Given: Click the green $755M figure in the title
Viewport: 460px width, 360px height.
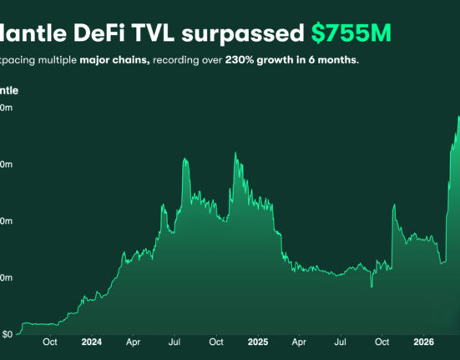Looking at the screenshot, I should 351,33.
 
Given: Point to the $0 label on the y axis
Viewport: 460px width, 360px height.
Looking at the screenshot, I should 7,334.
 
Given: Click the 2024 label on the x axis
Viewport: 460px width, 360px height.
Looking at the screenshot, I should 92,342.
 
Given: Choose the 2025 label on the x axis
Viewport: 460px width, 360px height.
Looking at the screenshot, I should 257,342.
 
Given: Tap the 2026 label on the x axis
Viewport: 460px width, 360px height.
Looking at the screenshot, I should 423,342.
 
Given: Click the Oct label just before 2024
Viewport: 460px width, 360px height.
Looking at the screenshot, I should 50,342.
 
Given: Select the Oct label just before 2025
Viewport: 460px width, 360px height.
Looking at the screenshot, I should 216,342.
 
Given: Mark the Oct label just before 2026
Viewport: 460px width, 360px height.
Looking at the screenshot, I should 382,342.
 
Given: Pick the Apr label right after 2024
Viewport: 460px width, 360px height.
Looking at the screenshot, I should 133,342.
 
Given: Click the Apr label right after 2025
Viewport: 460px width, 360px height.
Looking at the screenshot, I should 298,342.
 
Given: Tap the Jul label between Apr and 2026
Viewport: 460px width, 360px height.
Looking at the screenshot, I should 340,342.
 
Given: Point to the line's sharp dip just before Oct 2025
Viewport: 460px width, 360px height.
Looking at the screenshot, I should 372,286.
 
